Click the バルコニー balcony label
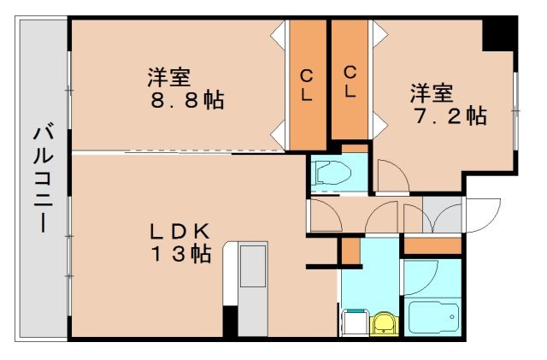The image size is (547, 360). [40, 180]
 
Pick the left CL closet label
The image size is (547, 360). [306, 85]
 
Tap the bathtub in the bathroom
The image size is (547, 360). [432, 318]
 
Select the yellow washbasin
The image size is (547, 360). [384, 323]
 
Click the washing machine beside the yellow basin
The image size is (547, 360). [355, 323]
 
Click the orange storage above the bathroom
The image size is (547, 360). [432, 246]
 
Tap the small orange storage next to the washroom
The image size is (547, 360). [350, 251]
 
